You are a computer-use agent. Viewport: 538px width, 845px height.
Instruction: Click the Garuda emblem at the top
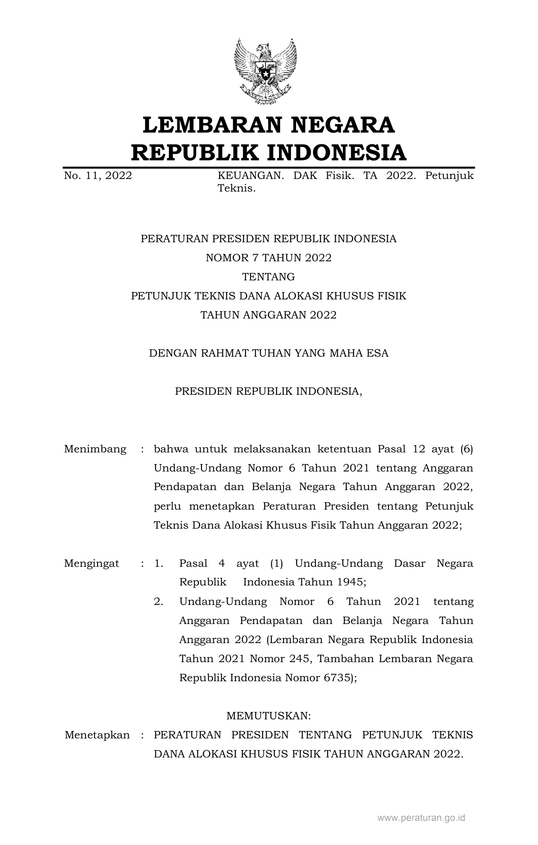265,71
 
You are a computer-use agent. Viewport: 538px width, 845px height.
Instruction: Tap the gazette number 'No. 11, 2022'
98,175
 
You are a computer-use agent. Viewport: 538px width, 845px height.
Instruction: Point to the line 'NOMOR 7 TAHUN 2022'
268,258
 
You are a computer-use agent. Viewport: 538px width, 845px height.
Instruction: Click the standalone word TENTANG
268,277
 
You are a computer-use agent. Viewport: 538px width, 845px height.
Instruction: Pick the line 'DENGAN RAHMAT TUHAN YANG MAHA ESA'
268,353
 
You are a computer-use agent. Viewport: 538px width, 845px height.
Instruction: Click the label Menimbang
95,449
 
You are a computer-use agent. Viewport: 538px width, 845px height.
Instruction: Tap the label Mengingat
92,563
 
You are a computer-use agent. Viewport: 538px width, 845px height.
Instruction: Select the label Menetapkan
97,735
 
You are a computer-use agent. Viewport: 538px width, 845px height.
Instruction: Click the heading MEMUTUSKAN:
268,716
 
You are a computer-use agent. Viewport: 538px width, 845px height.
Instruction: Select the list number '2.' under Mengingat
159,601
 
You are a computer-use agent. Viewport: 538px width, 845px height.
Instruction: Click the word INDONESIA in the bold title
336,153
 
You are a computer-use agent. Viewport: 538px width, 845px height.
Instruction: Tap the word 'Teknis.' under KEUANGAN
236,188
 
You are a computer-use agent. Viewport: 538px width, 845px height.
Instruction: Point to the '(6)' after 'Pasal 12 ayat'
466,449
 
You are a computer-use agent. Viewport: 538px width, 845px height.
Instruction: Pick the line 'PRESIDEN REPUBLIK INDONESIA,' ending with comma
268,391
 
